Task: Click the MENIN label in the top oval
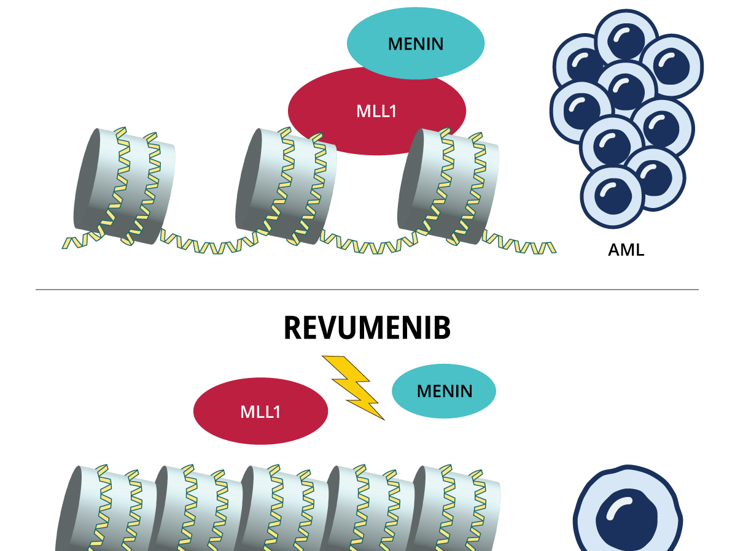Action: click(x=416, y=44)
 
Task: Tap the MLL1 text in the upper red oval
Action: click(x=376, y=111)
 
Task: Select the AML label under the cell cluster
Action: click(x=626, y=250)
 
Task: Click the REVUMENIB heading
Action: click(x=367, y=328)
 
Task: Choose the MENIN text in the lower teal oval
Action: click(x=445, y=391)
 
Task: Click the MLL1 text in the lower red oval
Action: click(x=260, y=412)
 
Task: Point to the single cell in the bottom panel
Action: click(x=628, y=515)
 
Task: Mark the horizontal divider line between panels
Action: click(x=367, y=289)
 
